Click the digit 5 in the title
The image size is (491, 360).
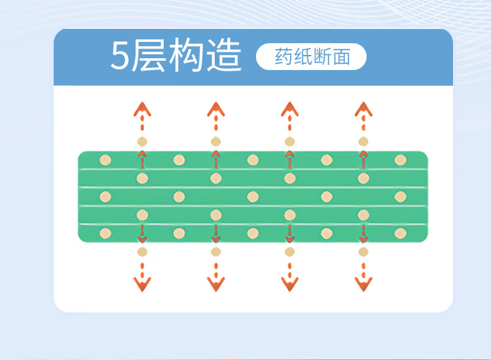tap(120, 57)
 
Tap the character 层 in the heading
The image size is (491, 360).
tap(149, 56)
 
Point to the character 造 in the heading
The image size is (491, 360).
tap(223, 56)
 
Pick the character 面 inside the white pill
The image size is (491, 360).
tap(341, 57)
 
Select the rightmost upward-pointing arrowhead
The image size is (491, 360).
tap(363, 109)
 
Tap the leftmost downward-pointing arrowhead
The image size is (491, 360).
tap(142, 283)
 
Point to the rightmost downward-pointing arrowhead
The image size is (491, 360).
tap(363, 283)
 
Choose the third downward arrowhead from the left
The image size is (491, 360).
tap(289, 283)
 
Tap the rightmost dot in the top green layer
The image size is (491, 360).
tap(400, 160)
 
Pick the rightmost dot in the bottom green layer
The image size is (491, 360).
tap(400, 233)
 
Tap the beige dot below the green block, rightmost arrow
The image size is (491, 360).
tap(363, 251)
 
